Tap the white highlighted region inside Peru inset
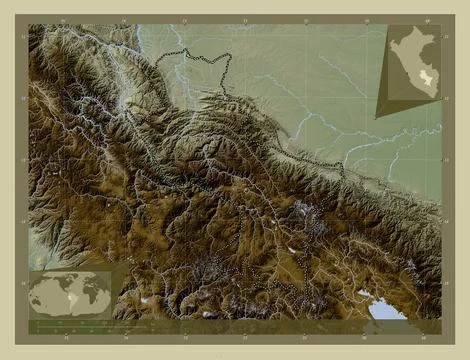tap(423, 78)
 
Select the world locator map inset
tap(70, 294)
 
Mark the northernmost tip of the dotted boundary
tap(185, 49)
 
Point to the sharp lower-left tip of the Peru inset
tap(378, 117)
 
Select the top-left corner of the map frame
tap(28, 24)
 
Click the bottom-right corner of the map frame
tap(442, 334)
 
